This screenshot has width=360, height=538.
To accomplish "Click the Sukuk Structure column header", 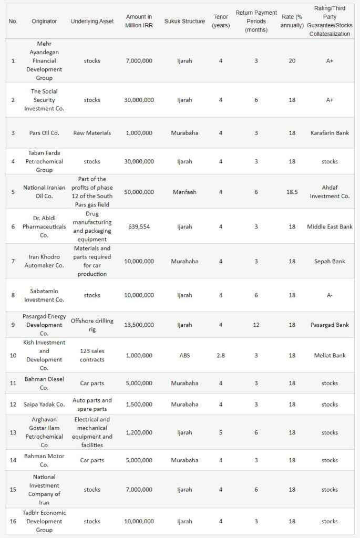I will [184, 21].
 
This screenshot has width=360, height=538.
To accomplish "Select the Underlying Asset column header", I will [92, 21].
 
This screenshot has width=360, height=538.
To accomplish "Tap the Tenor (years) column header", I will [221, 21].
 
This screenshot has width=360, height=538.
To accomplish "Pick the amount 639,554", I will [139, 227].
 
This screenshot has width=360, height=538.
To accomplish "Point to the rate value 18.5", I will [292, 192].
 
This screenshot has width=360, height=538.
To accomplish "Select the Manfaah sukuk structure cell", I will [184, 192].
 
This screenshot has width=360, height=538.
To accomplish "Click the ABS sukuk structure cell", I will [184, 356].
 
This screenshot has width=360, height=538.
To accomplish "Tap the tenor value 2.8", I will [221, 356].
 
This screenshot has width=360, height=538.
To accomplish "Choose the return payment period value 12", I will [256, 325].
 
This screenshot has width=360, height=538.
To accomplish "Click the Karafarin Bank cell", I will [330, 133].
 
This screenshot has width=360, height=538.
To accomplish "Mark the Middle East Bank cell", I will [330, 227].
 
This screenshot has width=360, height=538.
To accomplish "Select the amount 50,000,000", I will [139, 192].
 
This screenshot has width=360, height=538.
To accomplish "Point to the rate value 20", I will [292, 60].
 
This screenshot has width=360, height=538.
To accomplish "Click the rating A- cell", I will [330, 295].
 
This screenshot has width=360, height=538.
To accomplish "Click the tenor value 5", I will [221, 432].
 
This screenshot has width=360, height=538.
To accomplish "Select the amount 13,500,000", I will [139, 325].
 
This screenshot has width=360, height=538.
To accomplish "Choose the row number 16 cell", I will [13, 521].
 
